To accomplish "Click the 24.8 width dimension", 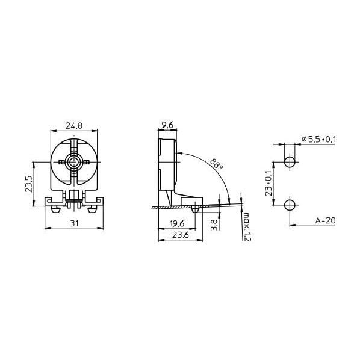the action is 74,126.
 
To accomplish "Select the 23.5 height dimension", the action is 29,184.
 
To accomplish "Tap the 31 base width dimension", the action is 74,223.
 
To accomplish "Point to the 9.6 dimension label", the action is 167,125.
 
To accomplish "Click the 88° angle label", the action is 216,164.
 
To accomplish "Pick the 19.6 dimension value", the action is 177,223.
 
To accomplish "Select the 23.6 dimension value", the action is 181,235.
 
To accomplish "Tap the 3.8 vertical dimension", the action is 214,225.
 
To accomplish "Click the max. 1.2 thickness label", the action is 247,227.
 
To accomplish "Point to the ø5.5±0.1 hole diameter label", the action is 319,139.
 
